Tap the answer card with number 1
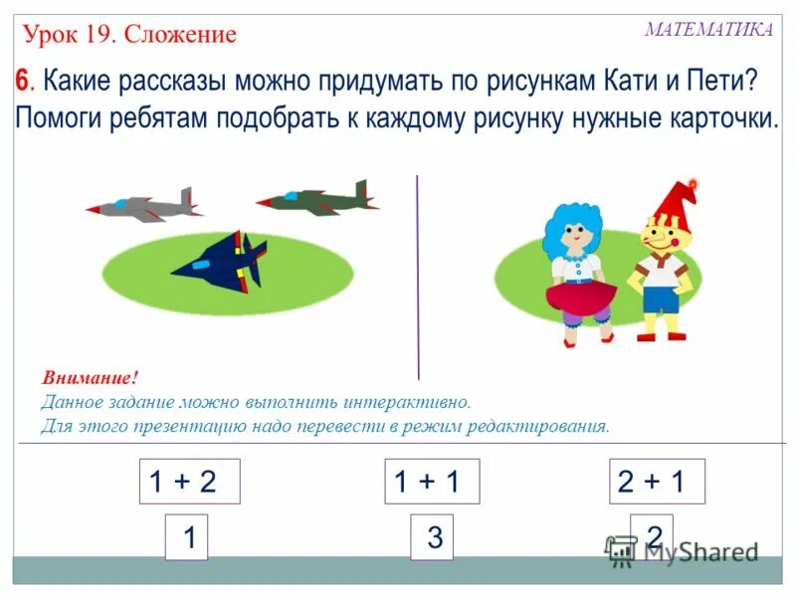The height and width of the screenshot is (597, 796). coord(186,538)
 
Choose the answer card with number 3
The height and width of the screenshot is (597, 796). coord(433,538)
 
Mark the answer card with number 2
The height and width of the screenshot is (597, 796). coord(653,536)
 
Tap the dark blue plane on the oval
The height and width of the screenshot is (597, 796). coord(222,264)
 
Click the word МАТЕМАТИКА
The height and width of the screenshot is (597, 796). coord(707,30)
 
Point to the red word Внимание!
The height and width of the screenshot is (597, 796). coord(90,379)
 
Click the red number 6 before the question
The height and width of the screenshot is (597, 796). coord(21,81)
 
